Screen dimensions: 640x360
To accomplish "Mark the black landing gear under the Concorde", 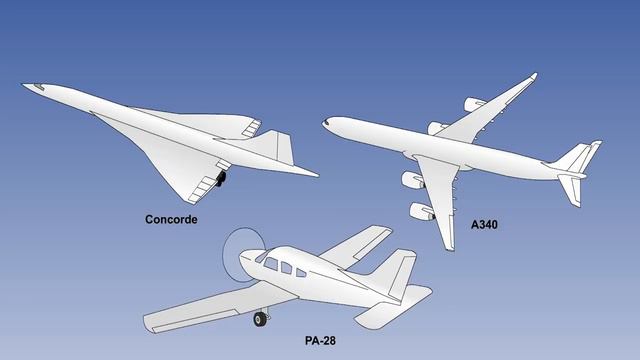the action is (220, 179).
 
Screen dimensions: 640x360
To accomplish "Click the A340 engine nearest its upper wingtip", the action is (473, 103).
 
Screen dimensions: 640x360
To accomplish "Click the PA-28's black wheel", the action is (262, 319).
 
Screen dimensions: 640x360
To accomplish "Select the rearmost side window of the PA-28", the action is (299, 269).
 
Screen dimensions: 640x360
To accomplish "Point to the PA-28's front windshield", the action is (261, 257).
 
